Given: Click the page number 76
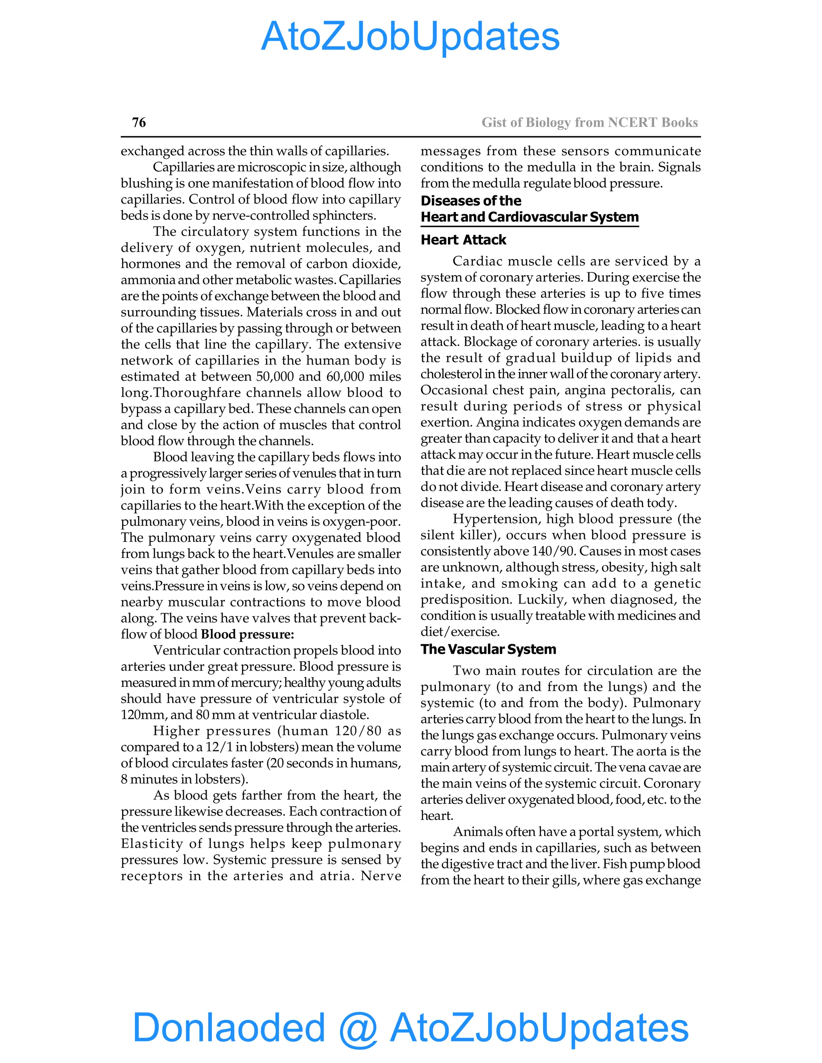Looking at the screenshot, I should point(139,122).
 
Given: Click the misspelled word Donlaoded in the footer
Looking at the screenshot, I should point(228,1027).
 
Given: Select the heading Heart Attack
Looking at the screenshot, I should point(463,240).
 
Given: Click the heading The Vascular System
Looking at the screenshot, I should point(488,649).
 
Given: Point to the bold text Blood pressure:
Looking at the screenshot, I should point(247,634).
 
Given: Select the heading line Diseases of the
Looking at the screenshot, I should point(470,201).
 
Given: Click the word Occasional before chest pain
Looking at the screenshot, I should point(454,390).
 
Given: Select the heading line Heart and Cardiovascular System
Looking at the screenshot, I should point(529,217).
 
